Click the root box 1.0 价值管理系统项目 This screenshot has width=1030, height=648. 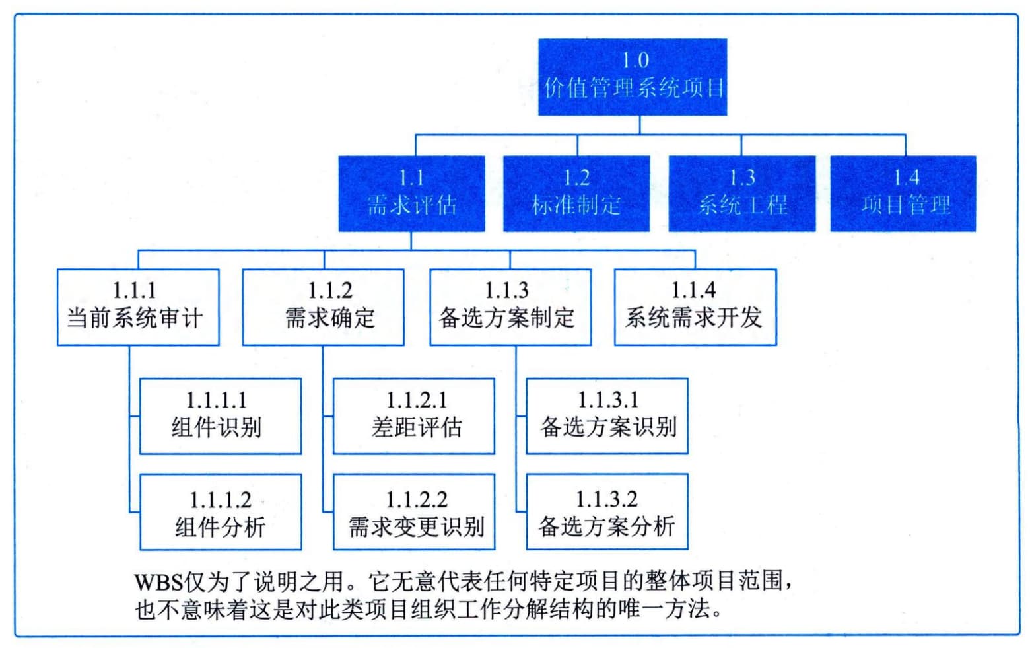(633, 77)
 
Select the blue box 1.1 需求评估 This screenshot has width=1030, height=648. (411, 193)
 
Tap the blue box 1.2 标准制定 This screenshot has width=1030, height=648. (576, 193)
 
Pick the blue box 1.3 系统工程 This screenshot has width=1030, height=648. (742, 193)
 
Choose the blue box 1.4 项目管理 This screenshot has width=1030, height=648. (903, 193)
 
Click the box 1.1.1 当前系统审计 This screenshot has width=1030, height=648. (138, 307)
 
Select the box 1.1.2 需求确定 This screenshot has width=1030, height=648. (324, 307)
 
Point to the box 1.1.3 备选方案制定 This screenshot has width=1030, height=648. (510, 307)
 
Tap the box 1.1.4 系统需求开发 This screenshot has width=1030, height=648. (696, 307)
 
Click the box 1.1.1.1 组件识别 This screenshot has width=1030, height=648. (221, 416)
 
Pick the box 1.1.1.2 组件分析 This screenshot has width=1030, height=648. (221, 512)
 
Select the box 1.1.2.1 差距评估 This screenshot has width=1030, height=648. (414, 416)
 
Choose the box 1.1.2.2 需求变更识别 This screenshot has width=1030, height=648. (414, 512)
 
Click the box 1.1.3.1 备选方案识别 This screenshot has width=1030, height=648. (607, 416)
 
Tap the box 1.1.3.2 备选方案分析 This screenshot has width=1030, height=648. (607, 512)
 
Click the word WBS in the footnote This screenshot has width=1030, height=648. (159, 582)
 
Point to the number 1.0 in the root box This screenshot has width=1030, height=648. (635, 60)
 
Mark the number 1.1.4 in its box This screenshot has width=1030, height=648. (693, 290)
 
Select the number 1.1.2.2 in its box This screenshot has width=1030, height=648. (417, 499)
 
